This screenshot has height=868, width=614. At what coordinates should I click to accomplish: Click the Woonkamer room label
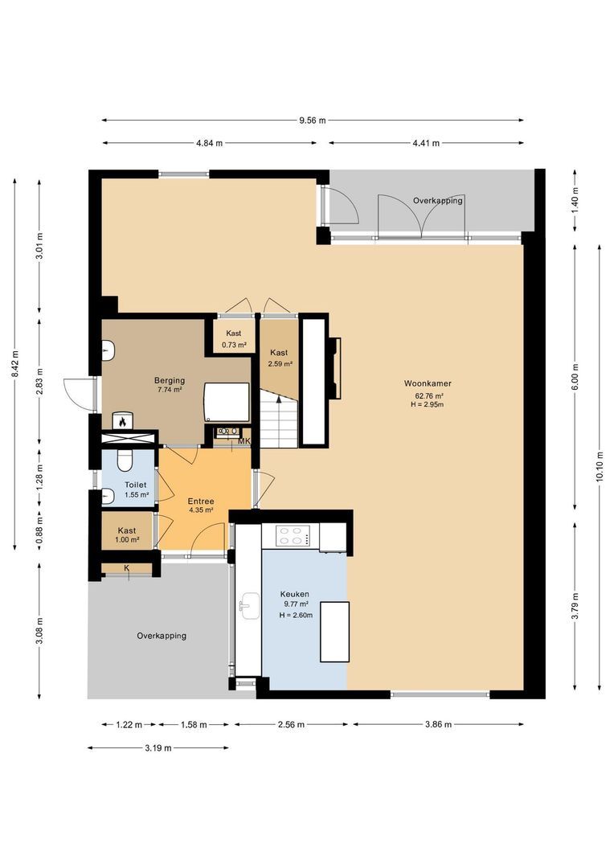tap(428, 384)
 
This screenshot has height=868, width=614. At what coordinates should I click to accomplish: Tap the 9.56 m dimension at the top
tap(312, 121)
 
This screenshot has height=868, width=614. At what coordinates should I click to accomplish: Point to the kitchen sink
tap(248, 608)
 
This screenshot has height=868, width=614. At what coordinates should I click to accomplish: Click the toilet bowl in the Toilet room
tap(124, 461)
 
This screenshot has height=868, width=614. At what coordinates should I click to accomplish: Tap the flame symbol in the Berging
tap(122, 420)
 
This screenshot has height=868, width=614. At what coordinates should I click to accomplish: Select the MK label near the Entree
tap(244, 441)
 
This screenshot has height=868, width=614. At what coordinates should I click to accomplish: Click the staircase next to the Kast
tap(279, 418)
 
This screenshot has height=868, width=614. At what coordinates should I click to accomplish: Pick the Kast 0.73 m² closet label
tap(234, 338)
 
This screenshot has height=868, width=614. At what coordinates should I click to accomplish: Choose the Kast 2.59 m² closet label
tap(279, 358)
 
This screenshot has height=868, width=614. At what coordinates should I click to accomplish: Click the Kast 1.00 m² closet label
tap(127, 535)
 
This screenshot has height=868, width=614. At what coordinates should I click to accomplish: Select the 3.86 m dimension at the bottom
tap(439, 725)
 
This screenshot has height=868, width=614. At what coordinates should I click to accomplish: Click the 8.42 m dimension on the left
tap(15, 365)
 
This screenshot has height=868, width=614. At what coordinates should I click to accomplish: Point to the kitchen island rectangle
tap(334, 631)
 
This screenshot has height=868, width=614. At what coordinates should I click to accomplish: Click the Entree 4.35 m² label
tap(200, 505)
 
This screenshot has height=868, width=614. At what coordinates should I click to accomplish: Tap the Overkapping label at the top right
tap(438, 200)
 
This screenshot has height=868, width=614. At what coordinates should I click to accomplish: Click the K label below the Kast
tap(126, 569)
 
